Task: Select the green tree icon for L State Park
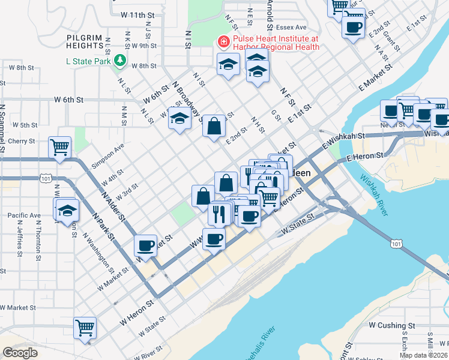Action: click(x=120, y=61)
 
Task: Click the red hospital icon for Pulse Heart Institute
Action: click(x=223, y=42)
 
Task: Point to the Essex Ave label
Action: click(x=291, y=28)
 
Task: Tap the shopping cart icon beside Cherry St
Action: click(x=59, y=146)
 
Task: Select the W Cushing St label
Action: click(x=392, y=325)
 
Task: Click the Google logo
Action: click(x=20, y=353)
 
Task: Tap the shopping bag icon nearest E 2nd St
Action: click(x=214, y=127)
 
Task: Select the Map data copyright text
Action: click(x=424, y=355)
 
